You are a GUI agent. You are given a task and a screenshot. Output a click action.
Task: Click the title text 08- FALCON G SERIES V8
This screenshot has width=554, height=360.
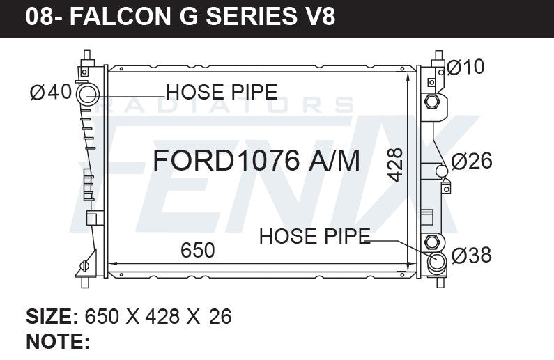pos(180,17)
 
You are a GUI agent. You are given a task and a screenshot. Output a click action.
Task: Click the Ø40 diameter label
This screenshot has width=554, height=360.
pos(51,92)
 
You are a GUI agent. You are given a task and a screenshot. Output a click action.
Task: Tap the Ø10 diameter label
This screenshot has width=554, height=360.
pos(465,68)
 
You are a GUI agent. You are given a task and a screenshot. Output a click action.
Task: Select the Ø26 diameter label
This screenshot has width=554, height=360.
pos(472,162)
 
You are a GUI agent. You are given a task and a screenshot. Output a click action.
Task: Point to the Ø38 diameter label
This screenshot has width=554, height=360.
pos(472,256)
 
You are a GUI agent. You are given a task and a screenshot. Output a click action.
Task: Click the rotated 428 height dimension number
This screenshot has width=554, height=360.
pos(395,165)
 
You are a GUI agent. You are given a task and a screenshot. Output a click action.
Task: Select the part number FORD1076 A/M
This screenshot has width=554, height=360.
pos(256,161)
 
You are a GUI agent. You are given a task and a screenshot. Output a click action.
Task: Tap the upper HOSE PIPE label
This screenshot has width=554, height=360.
pos(222,92)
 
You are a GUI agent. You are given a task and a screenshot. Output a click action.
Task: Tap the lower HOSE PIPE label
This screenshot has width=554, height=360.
pos(314,237)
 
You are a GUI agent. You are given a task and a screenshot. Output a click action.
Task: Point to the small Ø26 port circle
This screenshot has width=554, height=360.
pos(441,171)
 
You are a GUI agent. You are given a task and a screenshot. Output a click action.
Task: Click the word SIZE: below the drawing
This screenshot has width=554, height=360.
pos(52,317)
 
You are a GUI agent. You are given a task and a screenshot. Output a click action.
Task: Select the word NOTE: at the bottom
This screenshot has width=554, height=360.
pos(57,341)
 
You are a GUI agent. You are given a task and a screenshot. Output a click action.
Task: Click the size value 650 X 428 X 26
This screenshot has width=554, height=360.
pos(157,317)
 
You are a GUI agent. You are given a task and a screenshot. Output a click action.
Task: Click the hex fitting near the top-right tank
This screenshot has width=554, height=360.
pos(431,102)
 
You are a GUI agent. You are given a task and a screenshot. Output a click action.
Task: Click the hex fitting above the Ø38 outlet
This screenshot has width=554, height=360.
pos(431,242)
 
